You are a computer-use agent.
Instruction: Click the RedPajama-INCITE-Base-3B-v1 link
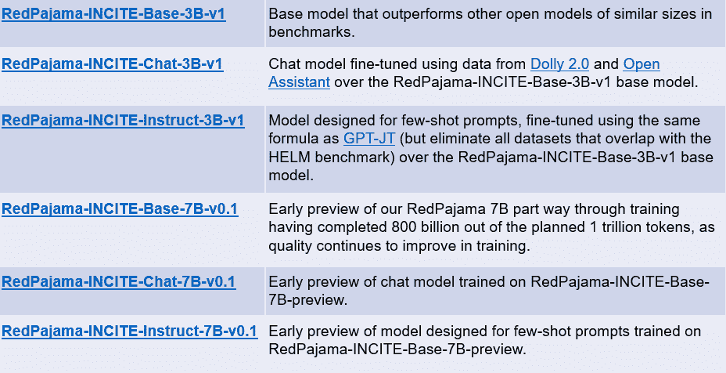pyautogui.click(x=113, y=14)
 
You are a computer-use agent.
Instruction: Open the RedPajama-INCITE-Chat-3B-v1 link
pyautogui.click(x=113, y=63)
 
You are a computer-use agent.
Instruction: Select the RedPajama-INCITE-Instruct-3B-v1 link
pyautogui.click(x=123, y=120)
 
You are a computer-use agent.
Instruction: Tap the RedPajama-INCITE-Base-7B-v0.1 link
pyautogui.click(x=120, y=209)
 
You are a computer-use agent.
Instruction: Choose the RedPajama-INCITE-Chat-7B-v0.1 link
pyautogui.click(x=119, y=281)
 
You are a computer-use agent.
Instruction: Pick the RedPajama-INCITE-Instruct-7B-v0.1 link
pyautogui.click(x=130, y=331)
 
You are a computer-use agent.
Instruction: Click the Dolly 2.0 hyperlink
pyautogui.click(x=560, y=63)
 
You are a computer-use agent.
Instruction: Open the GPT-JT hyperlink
pyautogui.click(x=369, y=139)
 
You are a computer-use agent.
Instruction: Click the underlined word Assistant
pyautogui.click(x=299, y=82)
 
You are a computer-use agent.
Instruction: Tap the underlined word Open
pyautogui.click(x=642, y=63)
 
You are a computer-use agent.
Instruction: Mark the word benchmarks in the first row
pyautogui.click(x=308, y=32)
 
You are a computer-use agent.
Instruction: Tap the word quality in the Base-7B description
pyautogui.click(x=289, y=246)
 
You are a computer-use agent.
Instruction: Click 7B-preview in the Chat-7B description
pyautogui.click(x=307, y=300)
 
